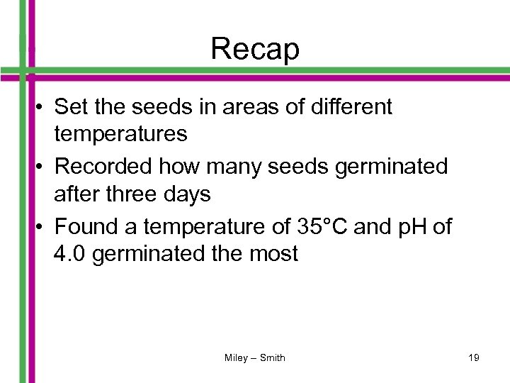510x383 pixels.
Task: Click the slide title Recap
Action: click(255, 49)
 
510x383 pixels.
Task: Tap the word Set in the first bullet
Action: click(69, 107)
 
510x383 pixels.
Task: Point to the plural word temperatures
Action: click(120, 133)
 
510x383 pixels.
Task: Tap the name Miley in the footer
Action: click(236, 357)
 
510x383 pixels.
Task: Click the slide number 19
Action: click(473, 357)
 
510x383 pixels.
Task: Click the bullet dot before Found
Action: click(43, 228)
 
